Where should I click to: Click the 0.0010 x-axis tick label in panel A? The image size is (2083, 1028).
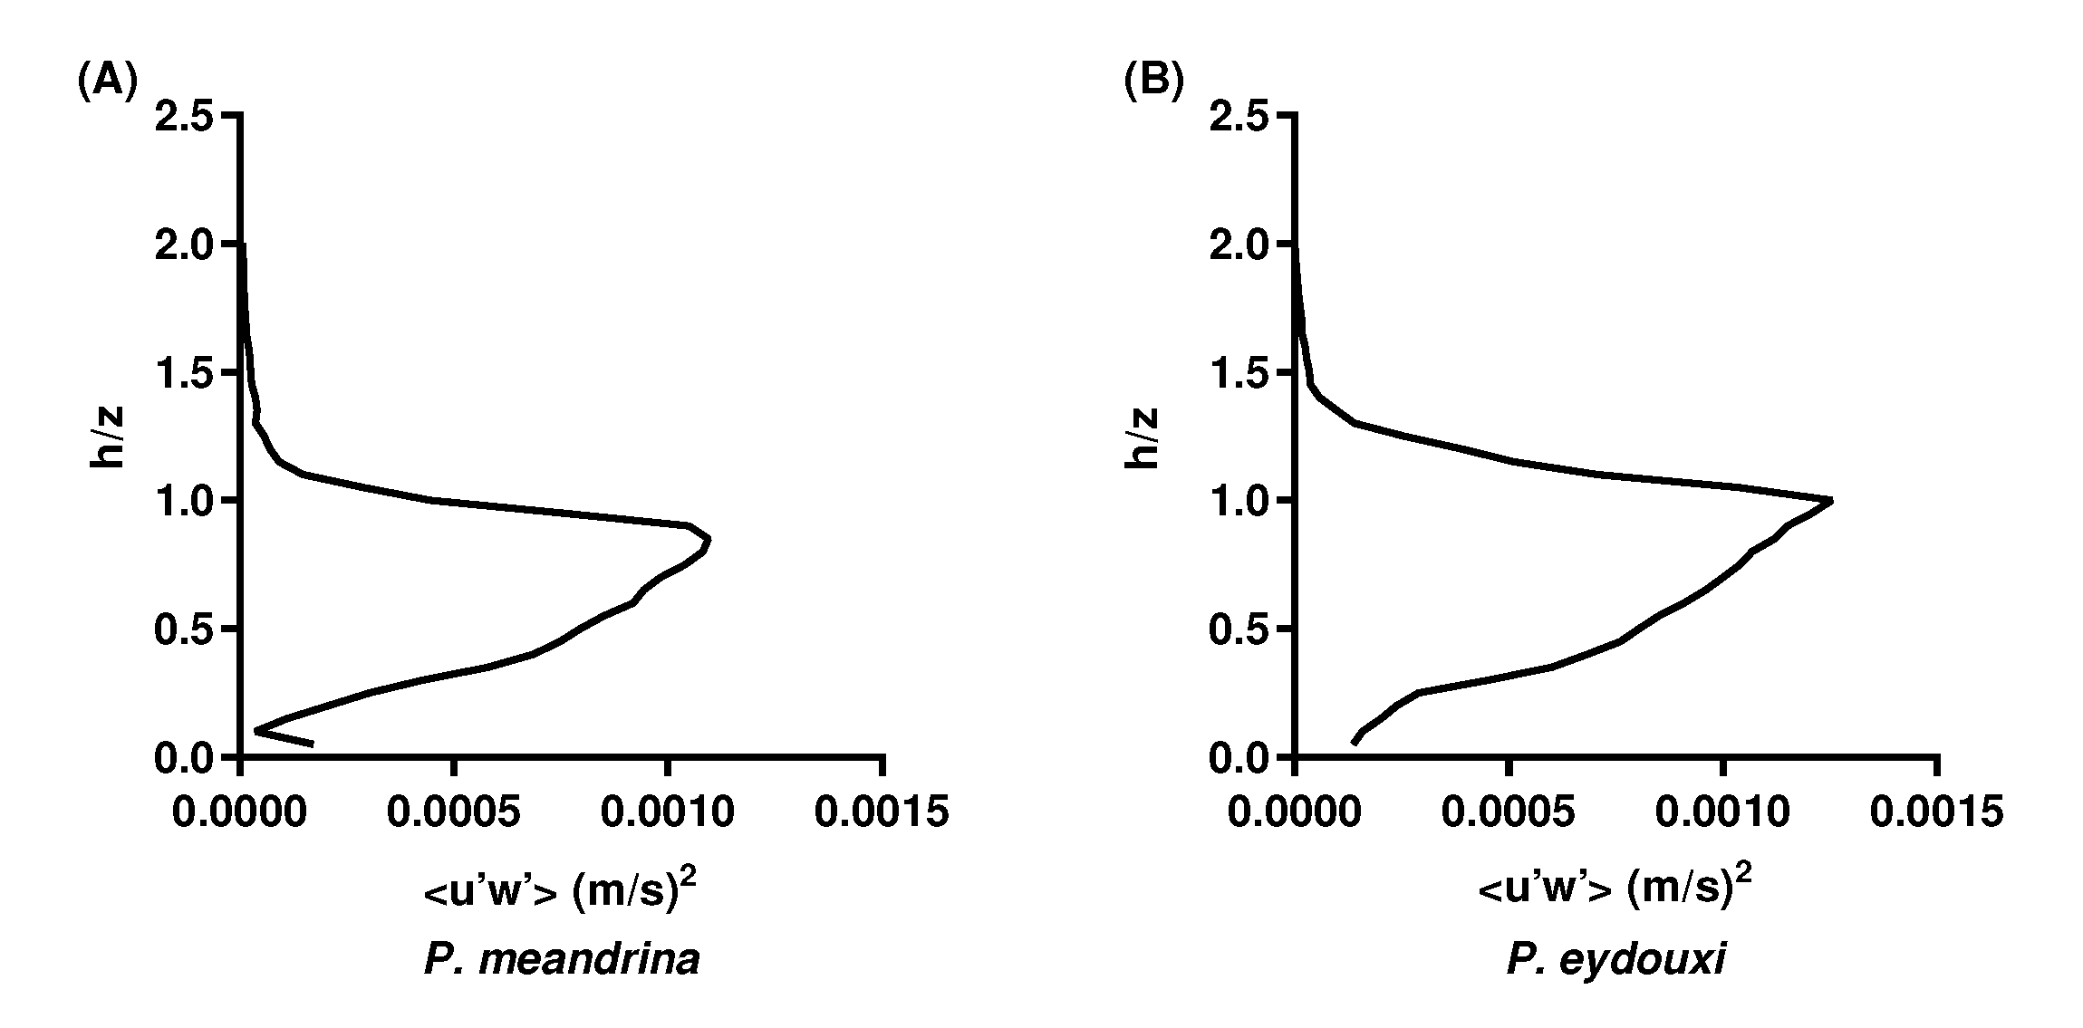[668, 812]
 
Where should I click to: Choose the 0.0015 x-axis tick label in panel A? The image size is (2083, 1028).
[882, 812]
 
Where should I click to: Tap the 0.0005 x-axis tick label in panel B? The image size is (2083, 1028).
[1509, 812]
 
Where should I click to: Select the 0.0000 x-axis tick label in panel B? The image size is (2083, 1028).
[1295, 812]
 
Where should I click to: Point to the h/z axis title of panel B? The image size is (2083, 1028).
[1142, 437]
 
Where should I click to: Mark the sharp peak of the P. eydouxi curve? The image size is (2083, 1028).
[1830, 500]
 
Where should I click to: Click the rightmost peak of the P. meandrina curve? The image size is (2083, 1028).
[709, 539]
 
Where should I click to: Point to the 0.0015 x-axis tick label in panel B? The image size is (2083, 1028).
[1936, 812]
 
